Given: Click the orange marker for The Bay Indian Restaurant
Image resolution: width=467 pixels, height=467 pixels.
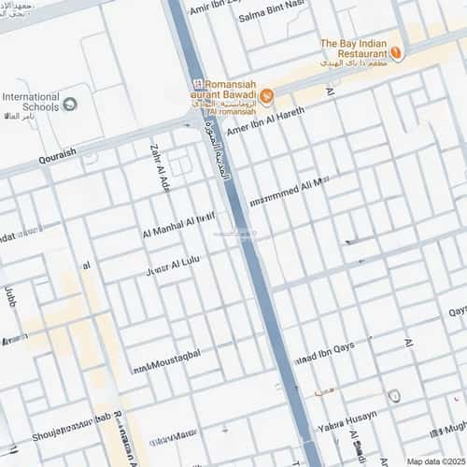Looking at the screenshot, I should (x=397, y=54).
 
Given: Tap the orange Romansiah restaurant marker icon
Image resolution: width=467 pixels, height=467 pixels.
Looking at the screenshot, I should (x=267, y=96).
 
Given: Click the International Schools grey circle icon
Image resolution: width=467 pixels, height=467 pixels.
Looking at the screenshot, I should (x=71, y=101).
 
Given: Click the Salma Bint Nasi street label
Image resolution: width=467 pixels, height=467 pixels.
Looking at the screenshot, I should (x=272, y=17).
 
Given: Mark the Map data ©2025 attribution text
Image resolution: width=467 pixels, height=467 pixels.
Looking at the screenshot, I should (x=434, y=460).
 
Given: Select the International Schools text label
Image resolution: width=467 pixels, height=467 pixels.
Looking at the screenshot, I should (x=30, y=102).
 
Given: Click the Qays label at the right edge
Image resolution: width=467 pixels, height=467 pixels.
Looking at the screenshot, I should (x=457, y=311).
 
